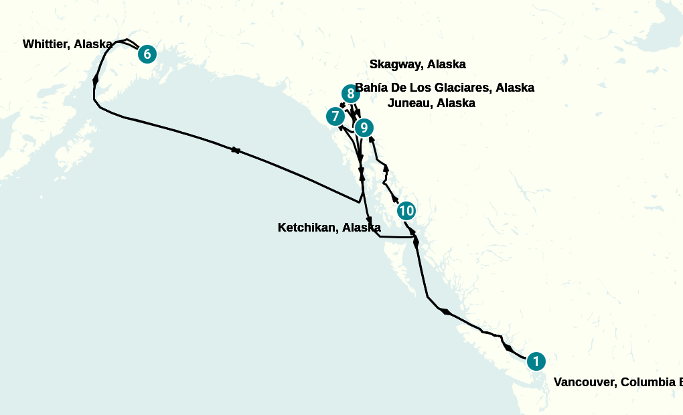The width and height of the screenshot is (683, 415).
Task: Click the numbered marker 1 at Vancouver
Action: [536, 361]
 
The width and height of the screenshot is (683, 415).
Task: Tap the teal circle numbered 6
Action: [147, 54]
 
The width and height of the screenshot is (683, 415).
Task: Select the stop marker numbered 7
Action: [335, 116]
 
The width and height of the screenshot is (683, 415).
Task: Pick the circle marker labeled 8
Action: [350, 94]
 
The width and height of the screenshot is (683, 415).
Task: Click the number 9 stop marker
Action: [363, 127]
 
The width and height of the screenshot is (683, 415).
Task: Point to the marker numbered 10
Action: [406, 211]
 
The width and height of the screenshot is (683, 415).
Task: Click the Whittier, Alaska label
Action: [67, 44]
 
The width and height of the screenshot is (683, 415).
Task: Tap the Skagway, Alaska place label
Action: [417, 64]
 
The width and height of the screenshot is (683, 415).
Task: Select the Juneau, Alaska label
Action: [431, 103]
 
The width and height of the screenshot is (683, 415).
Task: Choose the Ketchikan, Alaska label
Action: [329, 228]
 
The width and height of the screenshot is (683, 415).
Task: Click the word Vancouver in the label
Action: [584, 382]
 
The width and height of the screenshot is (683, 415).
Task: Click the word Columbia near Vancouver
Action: [647, 382]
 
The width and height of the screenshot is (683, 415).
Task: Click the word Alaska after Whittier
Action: [93, 44]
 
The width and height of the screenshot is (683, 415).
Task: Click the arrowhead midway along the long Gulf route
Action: [236, 150]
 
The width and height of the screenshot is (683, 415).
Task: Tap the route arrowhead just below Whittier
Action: [95, 80]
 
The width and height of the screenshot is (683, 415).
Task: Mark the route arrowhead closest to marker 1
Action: [509, 348]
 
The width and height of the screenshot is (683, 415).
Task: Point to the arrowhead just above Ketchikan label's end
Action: [369, 220]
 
